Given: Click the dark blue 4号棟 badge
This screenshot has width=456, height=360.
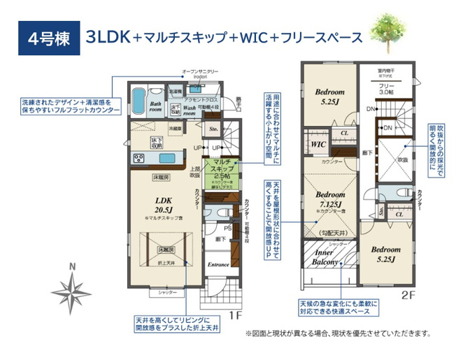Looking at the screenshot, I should pyautogui.click(x=44, y=38).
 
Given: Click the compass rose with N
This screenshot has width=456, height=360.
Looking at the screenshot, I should pyautogui.click(x=73, y=287).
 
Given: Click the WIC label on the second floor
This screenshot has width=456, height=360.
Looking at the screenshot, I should pyautogui.click(x=318, y=144).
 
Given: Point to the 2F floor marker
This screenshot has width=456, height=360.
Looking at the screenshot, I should pyautogui.click(x=409, y=294).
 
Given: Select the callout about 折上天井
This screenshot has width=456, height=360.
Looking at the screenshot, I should pyautogui.click(x=178, y=322).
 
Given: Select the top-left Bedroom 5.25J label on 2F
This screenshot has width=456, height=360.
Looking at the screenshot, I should pyautogui.click(x=329, y=96).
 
